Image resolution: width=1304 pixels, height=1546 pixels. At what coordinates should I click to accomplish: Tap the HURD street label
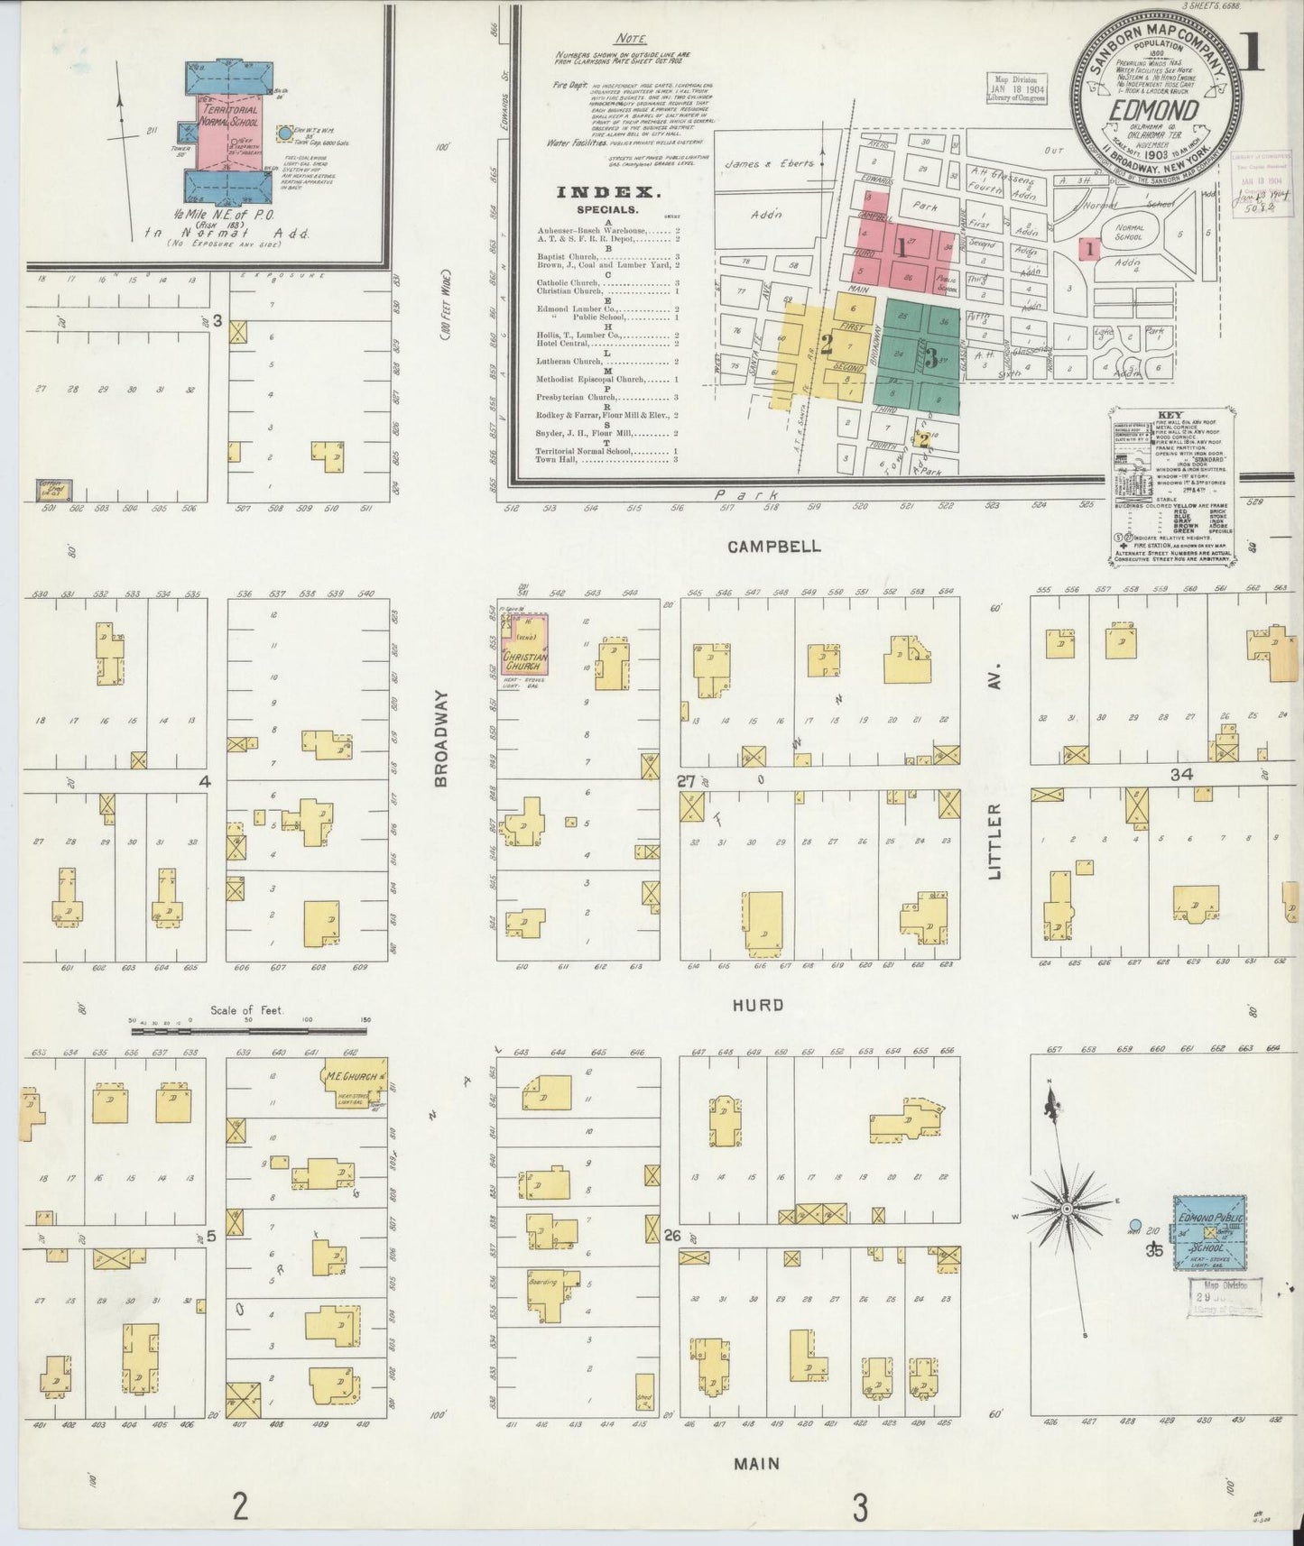[x=757, y=1005]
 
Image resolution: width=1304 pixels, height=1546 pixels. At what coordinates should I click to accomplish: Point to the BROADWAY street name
[x=441, y=739]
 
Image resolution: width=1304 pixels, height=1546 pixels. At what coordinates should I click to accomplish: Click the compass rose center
[x=1066, y=1209]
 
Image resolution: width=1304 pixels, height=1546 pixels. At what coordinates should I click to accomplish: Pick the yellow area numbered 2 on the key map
[x=826, y=344]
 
